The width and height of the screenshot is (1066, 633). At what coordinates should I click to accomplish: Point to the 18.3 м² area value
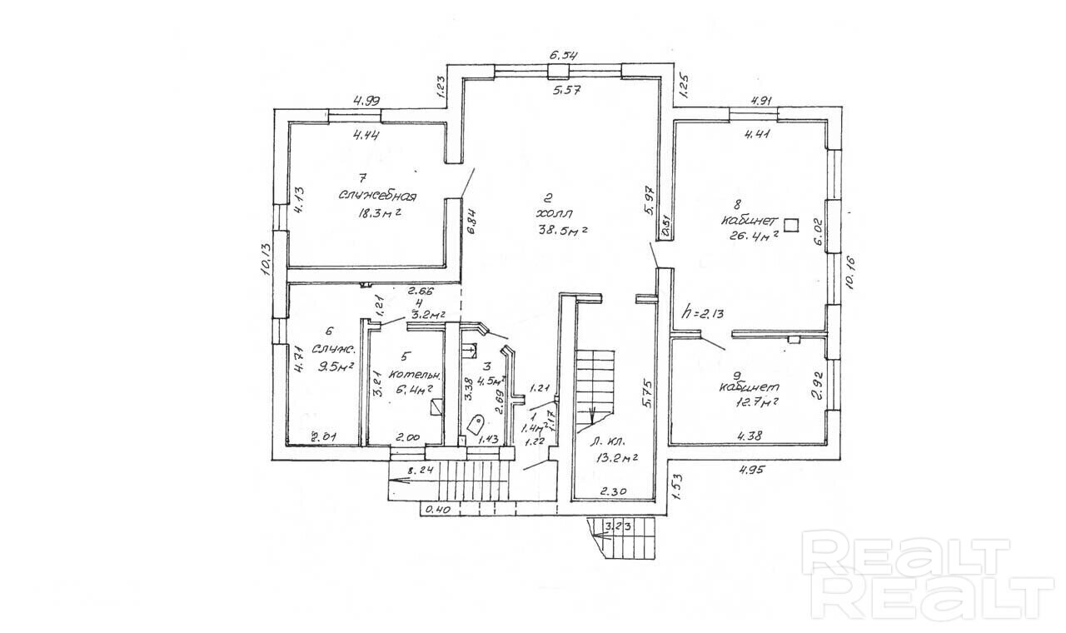pyautogui.click(x=380, y=212)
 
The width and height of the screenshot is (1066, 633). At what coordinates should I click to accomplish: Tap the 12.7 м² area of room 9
pyautogui.click(x=750, y=401)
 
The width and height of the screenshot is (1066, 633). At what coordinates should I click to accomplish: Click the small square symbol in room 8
pyautogui.click(x=791, y=223)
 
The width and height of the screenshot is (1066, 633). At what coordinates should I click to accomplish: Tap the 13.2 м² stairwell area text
pyautogui.click(x=617, y=456)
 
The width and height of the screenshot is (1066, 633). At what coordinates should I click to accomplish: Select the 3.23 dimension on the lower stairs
pyautogui.click(x=619, y=526)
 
